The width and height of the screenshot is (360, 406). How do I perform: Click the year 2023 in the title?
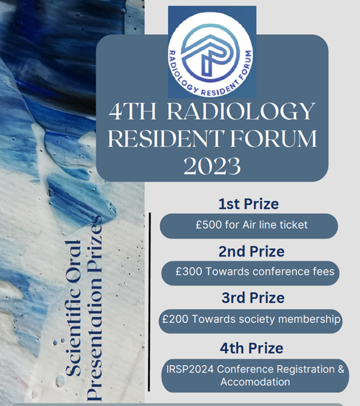212,167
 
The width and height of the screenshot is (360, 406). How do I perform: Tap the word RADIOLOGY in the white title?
242,112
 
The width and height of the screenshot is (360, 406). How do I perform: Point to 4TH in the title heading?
133,112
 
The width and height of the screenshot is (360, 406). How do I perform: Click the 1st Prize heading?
248,204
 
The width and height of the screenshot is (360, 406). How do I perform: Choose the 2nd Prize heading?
252,251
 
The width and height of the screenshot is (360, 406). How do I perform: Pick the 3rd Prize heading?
253,298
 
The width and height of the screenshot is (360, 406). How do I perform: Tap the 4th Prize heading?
252,348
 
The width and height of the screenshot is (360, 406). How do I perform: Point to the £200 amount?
176,319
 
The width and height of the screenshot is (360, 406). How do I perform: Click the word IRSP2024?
190,369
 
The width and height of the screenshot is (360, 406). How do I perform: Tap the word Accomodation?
255,382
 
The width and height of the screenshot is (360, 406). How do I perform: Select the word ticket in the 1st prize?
293,225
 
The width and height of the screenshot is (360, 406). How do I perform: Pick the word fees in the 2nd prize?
323,271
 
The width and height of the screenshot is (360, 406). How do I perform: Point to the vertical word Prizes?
94,237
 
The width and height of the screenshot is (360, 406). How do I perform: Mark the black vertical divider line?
149,302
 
